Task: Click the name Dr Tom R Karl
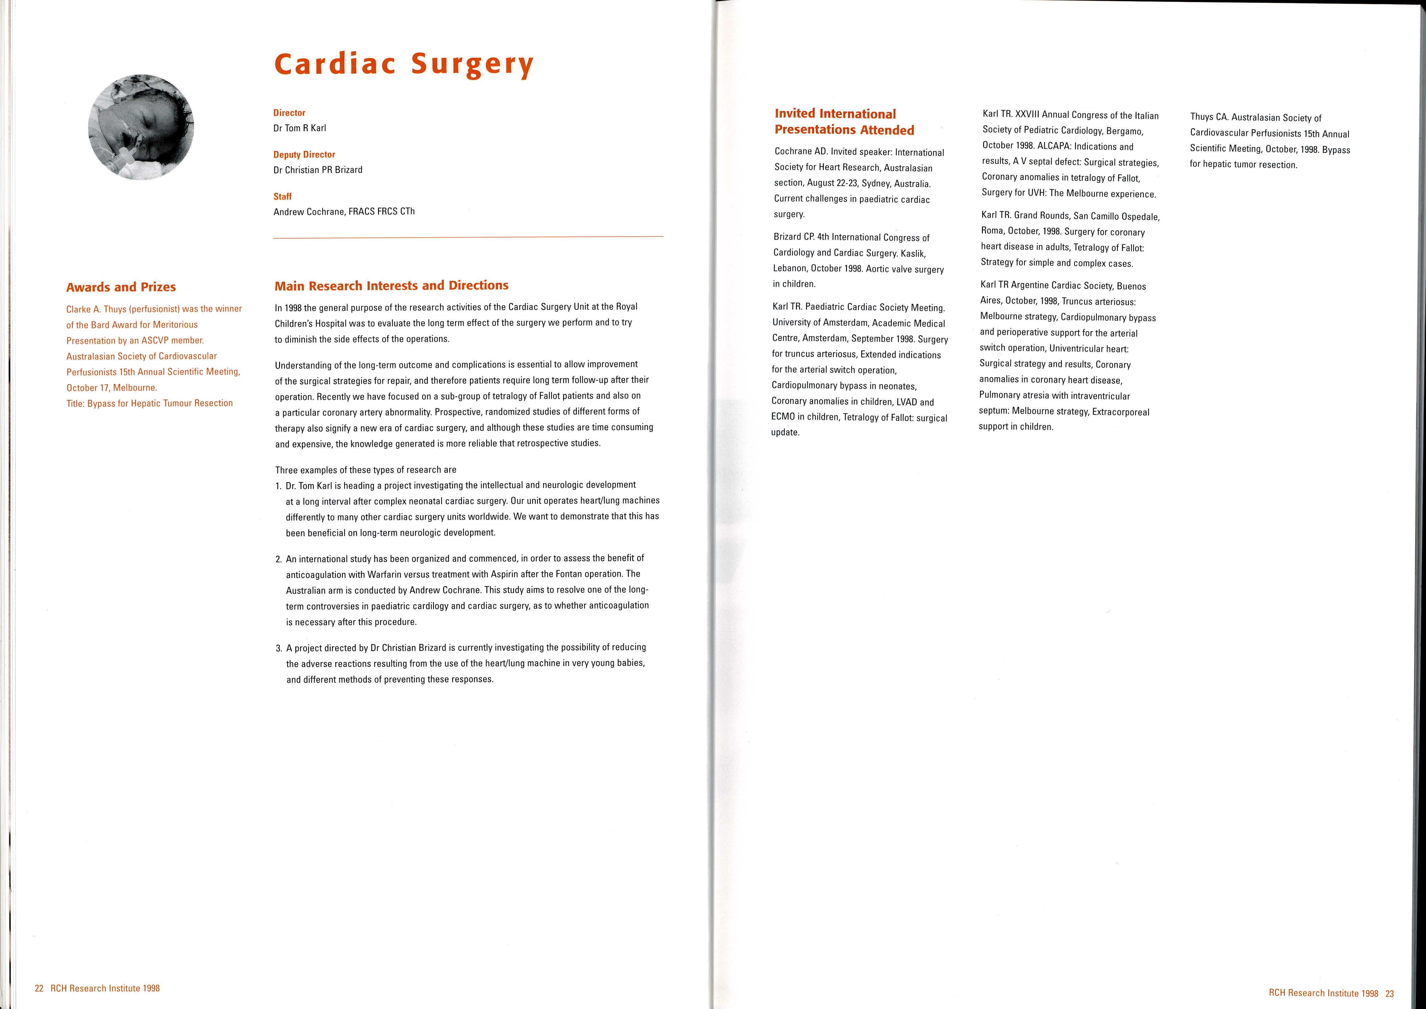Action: pos(299,128)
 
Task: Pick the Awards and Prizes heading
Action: pos(121,287)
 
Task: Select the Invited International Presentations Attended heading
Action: pos(844,122)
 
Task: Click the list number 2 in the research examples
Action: pos(278,558)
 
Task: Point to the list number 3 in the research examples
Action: pos(278,648)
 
